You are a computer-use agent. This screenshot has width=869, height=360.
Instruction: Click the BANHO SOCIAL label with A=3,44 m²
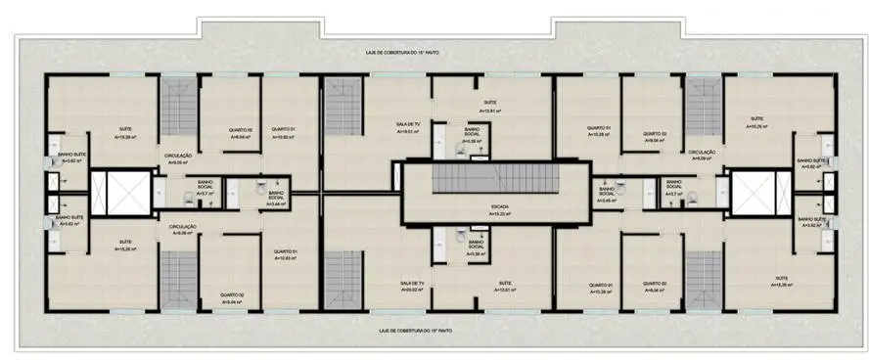coord(276,197)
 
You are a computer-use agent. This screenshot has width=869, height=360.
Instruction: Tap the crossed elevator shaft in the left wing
coord(121,193)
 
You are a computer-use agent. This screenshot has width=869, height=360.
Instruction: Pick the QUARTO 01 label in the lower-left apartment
coord(284,254)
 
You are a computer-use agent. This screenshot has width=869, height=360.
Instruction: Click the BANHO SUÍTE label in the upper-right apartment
coord(811,159)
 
